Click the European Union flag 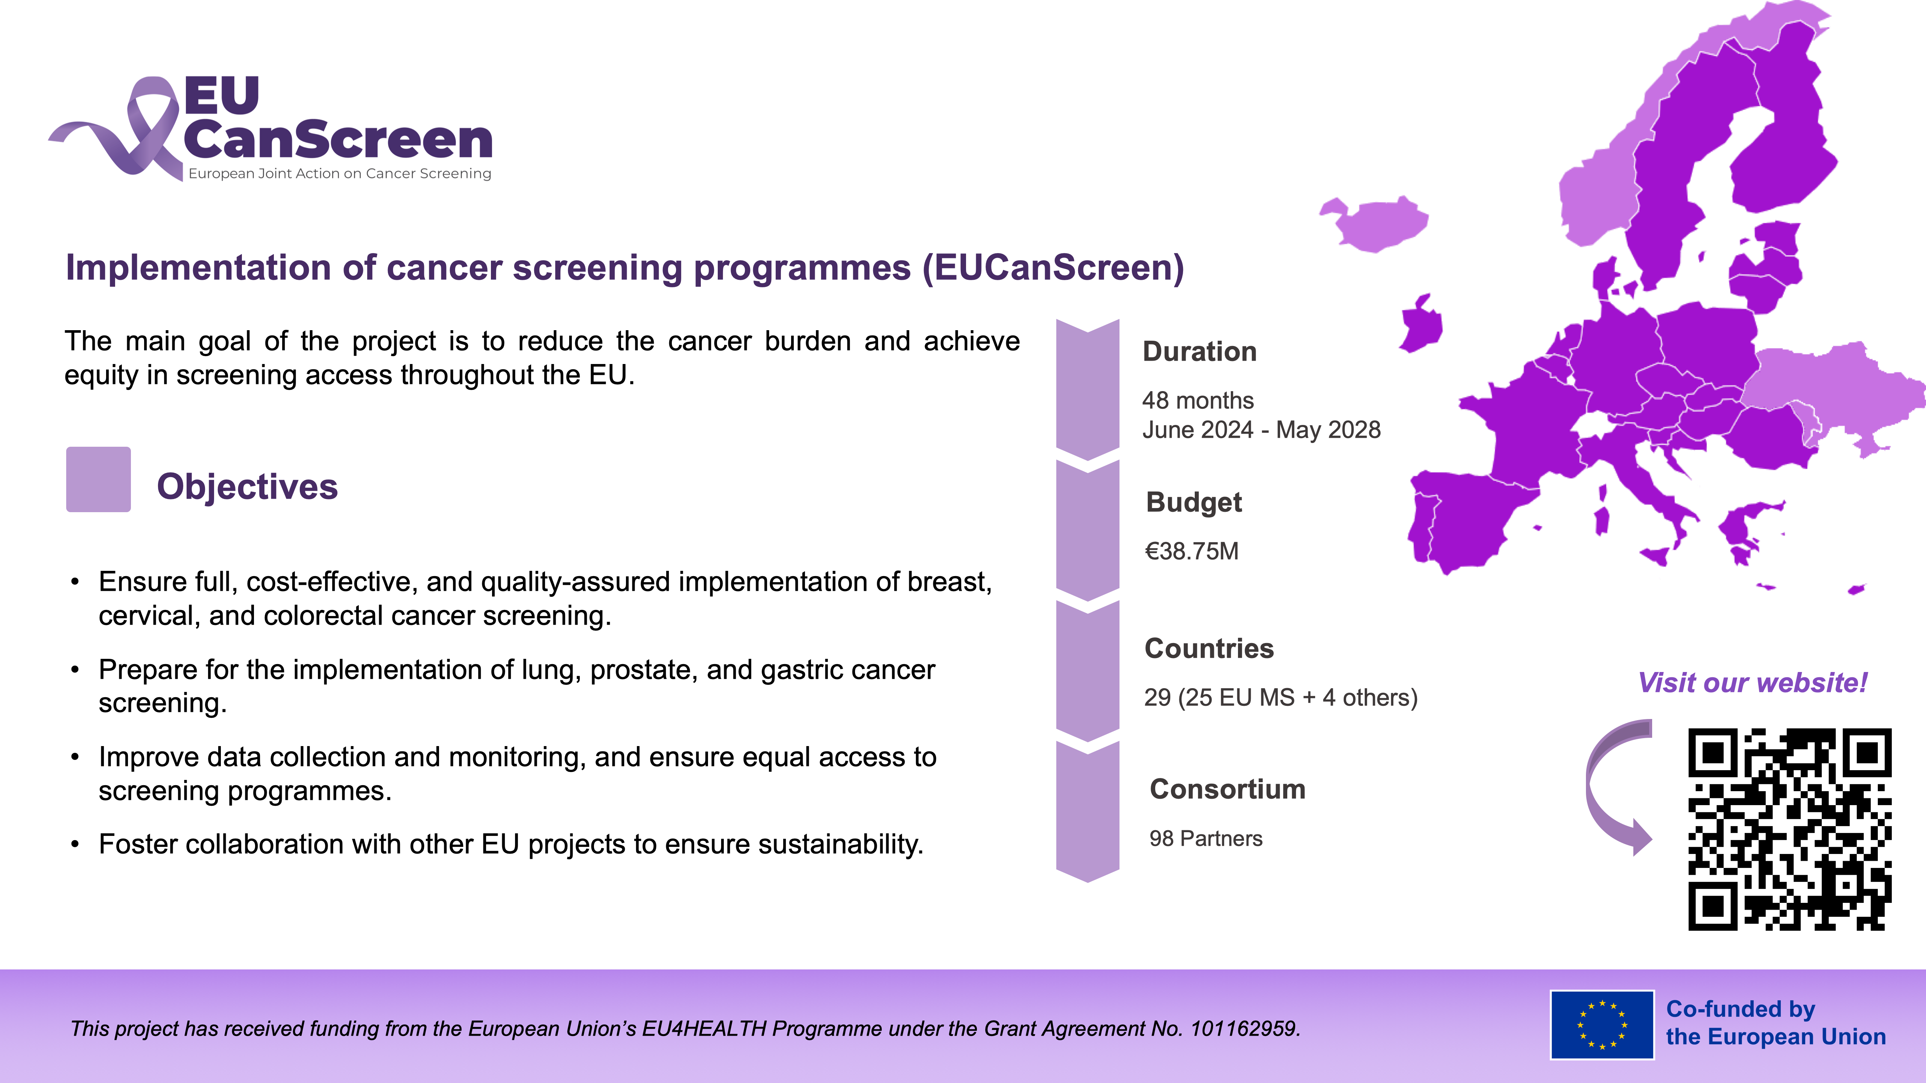click(1601, 1025)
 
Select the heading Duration click(1199, 351)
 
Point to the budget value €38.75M click(1192, 551)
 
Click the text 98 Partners click(1205, 839)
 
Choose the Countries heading click(1209, 648)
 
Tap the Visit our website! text click(1753, 683)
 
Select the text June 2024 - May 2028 click(1261, 430)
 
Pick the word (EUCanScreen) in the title click(1053, 268)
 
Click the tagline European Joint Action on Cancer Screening click(340, 173)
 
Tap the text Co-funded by click(1741, 1009)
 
